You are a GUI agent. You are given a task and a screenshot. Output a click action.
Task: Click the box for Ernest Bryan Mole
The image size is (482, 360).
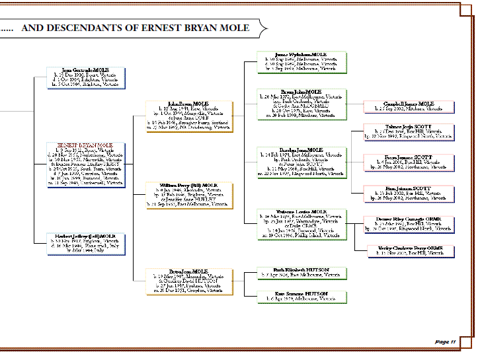pyautogui.click(x=85, y=164)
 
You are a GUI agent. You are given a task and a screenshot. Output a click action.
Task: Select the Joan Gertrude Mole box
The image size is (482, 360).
pyautogui.click(x=85, y=77)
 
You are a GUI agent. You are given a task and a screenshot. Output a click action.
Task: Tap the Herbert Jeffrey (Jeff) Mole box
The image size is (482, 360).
pyautogui.click(x=85, y=243)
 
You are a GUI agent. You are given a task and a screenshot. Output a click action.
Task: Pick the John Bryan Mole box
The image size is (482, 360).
pyautogui.click(x=188, y=116)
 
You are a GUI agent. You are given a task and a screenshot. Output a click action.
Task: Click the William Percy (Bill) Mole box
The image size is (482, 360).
pyautogui.click(x=188, y=195)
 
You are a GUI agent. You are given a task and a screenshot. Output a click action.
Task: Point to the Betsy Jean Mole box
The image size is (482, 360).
pyautogui.click(x=188, y=281)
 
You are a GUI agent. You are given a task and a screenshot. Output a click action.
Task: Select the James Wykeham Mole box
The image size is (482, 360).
pyautogui.click(x=301, y=61)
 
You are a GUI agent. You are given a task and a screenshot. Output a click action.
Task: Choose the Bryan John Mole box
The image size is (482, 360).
pyautogui.click(x=301, y=104)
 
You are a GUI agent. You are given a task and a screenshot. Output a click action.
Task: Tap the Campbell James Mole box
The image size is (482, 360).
pyautogui.click(x=408, y=106)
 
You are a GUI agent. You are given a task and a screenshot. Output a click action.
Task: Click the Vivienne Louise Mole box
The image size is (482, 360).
pyautogui.click(x=301, y=224)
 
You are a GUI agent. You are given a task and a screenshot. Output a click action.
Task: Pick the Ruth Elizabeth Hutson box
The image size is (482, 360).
pyautogui.click(x=301, y=273)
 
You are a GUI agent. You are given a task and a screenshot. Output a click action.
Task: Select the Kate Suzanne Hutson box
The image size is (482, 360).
pyautogui.click(x=301, y=296)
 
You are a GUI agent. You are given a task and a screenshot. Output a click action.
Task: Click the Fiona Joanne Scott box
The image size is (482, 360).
pyautogui.click(x=408, y=162)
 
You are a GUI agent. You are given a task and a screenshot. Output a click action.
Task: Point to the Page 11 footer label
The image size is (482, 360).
pyautogui.click(x=446, y=342)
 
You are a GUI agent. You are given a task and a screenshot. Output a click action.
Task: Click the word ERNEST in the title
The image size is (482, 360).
pyautogui.click(x=161, y=28)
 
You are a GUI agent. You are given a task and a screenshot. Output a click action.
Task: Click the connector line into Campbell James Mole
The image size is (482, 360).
pyautogui.click(x=356, y=106)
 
